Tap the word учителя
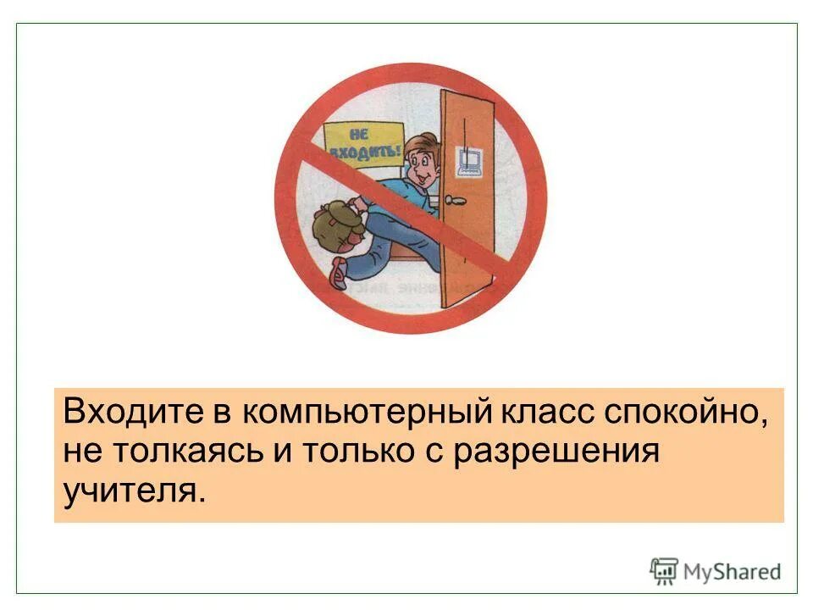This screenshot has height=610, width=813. (x=134, y=491)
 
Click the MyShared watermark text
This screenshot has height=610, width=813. (x=733, y=571)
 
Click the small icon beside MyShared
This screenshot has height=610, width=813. (x=664, y=571)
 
